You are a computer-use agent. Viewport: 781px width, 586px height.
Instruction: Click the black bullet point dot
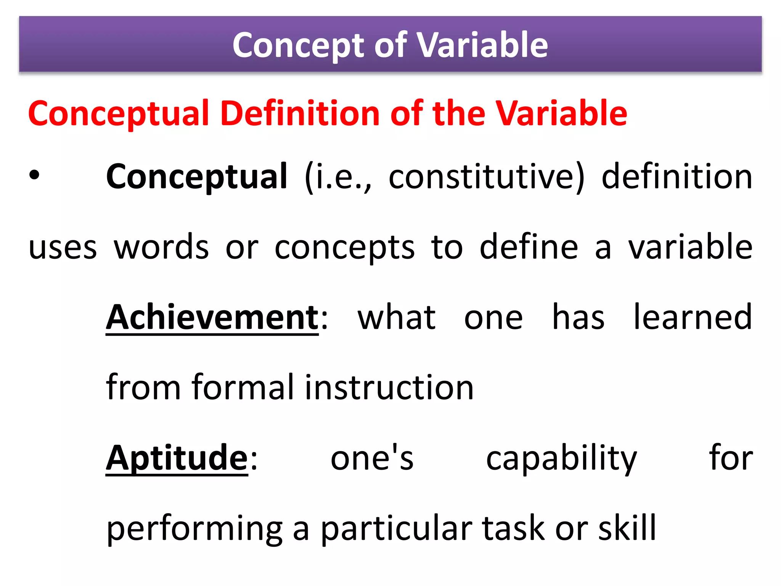click(x=34, y=176)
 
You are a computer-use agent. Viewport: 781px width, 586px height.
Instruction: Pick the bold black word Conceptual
click(x=196, y=177)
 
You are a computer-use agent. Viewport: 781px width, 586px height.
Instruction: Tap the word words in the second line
click(x=161, y=247)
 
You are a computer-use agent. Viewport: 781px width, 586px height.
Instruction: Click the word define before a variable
click(x=529, y=247)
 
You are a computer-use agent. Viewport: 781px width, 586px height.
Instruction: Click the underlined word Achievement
click(x=212, y=317)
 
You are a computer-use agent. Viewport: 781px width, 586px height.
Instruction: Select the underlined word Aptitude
click(x=177, y=458)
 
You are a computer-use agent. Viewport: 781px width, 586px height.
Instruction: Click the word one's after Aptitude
click(x=372, y=458)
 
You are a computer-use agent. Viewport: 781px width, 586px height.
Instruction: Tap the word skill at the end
click(x=627, y=528)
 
